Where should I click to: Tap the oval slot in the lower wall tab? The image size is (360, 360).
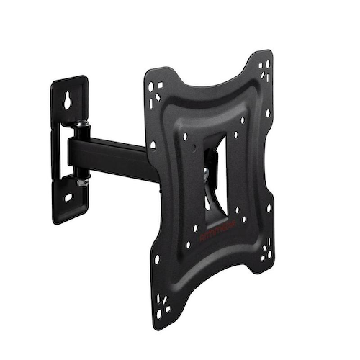[x=69, y=196]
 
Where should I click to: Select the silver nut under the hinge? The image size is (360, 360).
[x=83, y=181]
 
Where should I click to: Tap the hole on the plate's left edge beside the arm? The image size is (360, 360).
[x=152, y=145]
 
